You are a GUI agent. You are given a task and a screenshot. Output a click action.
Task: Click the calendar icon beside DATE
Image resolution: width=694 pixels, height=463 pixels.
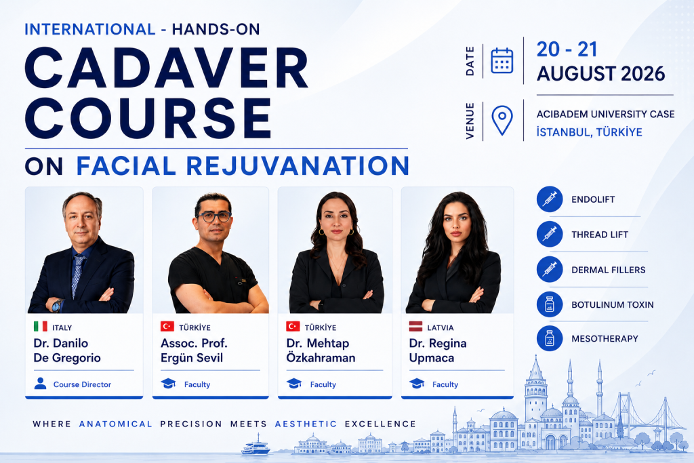[502, 60]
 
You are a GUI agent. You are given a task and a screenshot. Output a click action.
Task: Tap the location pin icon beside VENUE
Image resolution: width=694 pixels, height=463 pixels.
[502, 119]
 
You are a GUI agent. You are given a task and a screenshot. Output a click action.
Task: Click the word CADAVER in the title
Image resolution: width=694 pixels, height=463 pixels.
[167, 68]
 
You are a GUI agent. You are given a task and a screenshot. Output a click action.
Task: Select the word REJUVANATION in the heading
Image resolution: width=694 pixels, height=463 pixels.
[298, 165]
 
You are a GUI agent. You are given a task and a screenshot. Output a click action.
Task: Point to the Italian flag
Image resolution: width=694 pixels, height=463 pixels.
[40, 327]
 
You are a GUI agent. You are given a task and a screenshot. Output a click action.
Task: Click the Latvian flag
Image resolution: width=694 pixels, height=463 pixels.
[415, 327]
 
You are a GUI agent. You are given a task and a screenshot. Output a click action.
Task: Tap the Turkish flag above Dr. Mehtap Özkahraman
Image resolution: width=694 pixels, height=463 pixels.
[293, 327]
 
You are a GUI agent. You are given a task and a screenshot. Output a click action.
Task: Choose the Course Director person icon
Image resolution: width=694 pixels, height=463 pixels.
[40, 383]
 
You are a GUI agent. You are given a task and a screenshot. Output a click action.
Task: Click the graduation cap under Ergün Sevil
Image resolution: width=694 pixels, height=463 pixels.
[168, 383]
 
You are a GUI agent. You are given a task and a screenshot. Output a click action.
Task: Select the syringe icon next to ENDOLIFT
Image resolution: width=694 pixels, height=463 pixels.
[550, 199]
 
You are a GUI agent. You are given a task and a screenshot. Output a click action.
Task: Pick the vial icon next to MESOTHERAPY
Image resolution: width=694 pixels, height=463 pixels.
[550, 338]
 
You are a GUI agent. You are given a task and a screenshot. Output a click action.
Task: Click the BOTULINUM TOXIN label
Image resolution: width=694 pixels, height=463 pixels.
[613, 305]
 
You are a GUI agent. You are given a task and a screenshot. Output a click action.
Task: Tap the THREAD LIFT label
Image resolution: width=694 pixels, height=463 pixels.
[600, 235]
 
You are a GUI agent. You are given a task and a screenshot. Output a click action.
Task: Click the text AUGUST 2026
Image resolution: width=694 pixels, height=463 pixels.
[600, 74]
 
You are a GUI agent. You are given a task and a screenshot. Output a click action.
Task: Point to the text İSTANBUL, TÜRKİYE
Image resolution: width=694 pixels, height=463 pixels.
[589, 132]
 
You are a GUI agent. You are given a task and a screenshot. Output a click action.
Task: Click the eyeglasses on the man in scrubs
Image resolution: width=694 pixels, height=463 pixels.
[214, 216]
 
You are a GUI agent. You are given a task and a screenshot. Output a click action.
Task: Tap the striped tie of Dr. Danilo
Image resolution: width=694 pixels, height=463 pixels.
[77, 275]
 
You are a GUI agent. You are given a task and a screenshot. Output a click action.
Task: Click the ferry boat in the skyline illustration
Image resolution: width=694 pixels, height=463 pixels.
[256, 446]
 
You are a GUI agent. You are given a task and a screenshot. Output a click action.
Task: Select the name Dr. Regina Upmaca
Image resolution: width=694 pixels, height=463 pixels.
[438, 350]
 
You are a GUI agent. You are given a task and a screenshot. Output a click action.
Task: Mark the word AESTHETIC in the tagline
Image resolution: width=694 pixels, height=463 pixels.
[306, 424]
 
